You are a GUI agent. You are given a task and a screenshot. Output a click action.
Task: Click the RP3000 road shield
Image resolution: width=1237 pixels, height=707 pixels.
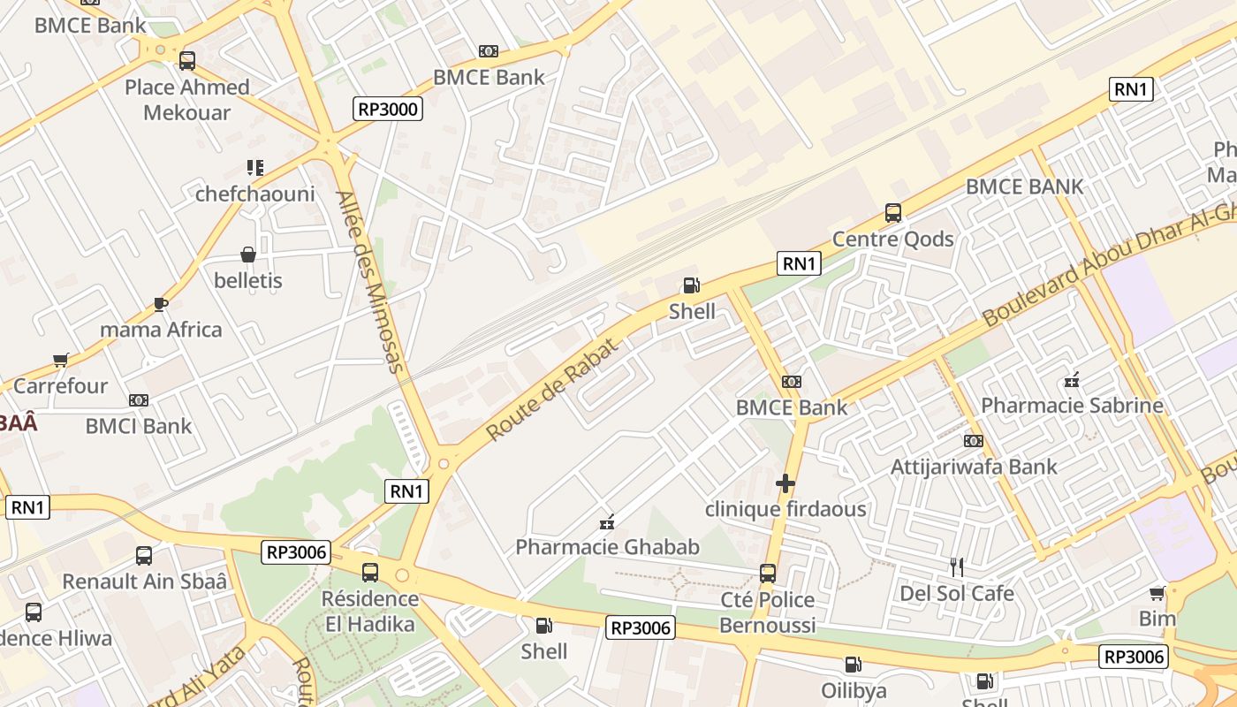click(x=388, y=109)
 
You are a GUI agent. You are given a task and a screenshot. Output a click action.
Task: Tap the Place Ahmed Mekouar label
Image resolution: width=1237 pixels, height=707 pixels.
click(x=186, y=99)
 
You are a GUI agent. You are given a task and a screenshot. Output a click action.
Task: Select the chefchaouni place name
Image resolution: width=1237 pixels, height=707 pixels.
click(x=254, y=194)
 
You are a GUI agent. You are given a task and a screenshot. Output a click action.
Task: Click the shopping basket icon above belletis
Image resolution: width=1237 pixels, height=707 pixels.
click(x=248, y=255)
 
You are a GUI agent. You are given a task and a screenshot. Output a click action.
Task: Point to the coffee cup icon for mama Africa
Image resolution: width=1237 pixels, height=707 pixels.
click(x=160, y=304)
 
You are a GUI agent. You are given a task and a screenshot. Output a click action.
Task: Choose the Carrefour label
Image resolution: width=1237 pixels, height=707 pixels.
click(x=60, y=386)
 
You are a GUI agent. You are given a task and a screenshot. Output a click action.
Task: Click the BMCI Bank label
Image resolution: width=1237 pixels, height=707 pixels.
click(x=138, y=426)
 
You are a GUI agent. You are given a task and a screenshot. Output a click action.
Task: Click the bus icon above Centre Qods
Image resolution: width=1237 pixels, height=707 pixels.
click(x=892, y=213)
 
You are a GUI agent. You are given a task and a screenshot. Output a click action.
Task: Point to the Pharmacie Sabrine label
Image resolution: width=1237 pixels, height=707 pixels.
click(x=1072, y=406)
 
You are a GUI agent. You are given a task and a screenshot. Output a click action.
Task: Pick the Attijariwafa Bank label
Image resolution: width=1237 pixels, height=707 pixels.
click(x=973, y=467)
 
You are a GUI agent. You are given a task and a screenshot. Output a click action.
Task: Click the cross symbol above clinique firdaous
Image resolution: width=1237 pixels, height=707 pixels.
click(x=785, y=483)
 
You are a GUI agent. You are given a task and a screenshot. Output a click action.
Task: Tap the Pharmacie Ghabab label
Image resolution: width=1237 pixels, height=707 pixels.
click(x=607, y=547)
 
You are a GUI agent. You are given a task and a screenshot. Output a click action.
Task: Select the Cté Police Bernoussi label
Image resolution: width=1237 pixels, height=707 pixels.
click(x=767, y=612)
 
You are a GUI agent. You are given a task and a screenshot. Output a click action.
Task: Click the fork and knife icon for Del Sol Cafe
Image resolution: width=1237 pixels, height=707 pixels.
click(x=956, y=566)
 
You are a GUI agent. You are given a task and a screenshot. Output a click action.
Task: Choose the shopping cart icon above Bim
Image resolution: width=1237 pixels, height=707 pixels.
click(x=1157, y=593)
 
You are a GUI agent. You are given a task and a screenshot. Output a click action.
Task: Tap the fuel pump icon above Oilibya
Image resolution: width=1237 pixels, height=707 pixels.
click(x=853, y=665)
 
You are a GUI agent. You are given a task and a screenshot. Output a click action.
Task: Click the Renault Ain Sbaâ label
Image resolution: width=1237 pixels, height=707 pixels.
click(x=144, y=582)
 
